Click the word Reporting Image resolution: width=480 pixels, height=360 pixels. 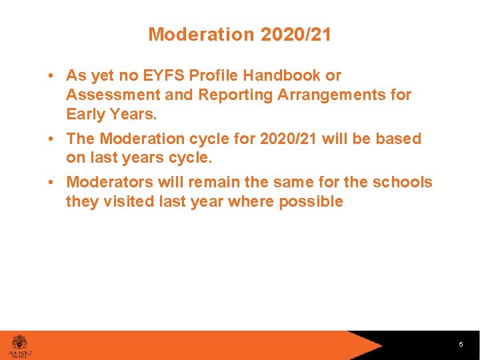point(235,95)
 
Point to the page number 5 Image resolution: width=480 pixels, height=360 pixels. point(461,345)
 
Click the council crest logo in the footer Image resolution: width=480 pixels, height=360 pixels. point(20,342)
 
